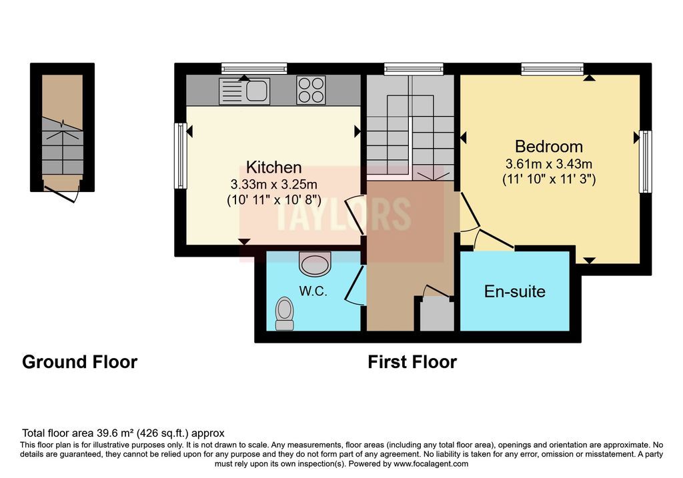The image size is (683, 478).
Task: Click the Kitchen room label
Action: coord(273,167)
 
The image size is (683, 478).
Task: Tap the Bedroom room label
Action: coord(548,146)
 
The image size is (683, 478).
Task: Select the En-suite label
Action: coord(514,291)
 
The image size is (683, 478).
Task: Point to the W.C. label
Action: coord(313,291)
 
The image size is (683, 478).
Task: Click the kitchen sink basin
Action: coord(257,91)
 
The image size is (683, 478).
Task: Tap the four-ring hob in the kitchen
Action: coord(311,90)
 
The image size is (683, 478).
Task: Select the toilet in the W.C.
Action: coord(284,313)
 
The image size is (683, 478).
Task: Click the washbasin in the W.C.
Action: coord(315,264)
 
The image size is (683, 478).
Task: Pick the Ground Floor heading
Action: coord(80,362)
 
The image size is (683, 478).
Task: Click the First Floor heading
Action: coord(412,362)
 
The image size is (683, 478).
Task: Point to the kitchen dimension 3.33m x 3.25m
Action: coord(273,185)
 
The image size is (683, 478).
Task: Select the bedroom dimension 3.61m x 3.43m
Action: coord(548,164)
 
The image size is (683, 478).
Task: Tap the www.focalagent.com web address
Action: coord(431,463)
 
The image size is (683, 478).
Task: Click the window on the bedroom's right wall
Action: coord(646,161)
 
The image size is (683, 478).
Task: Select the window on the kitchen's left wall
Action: coord(180,156)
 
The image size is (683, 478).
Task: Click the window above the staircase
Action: coord(414,69)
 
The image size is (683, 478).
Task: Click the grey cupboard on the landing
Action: coord(436,313)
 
